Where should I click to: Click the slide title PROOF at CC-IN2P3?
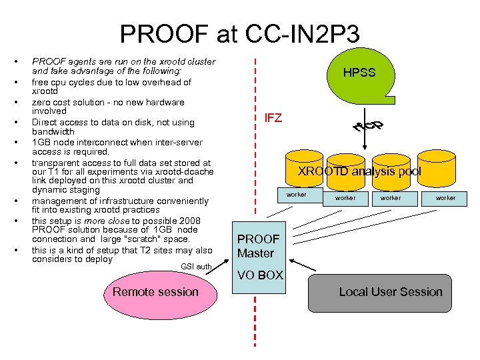tap(239, 33)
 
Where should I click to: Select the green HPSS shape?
tap(359, 73)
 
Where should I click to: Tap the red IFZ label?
tap(273, 119)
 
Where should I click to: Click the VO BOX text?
tap(261, 275)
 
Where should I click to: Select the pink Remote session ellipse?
tap(155, 292)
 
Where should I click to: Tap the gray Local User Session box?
tap(390, 292)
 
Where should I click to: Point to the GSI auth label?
tap(196, 267)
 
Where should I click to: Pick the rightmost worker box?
tap(445, 198)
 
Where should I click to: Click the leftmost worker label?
tap(296, 195)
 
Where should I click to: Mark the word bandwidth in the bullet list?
tap(53, 131)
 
